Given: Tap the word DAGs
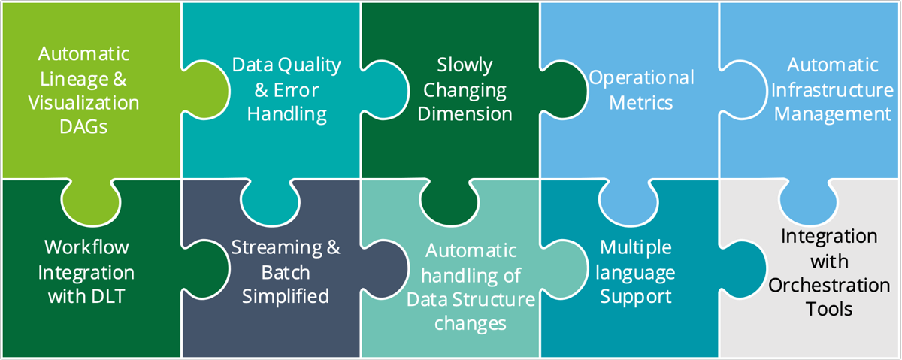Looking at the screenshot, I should tap(83, 126).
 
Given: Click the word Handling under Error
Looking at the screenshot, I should tap(287, 115).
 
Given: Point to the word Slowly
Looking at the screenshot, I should tap(465, 65).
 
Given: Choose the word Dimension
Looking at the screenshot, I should tap(465, 114).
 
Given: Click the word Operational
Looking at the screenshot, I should tap(641, 77).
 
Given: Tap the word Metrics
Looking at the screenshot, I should tap(641, 102).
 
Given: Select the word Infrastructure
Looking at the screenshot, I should tap(832, 90).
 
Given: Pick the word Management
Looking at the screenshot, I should tap(832, 115).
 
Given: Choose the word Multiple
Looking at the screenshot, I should tap(636, 247).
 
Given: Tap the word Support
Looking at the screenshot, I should tap(636, 296).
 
